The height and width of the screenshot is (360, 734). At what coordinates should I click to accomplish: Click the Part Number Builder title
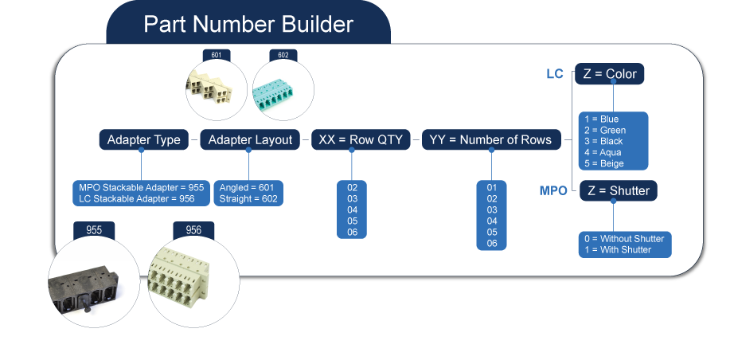click(x=248, y=24)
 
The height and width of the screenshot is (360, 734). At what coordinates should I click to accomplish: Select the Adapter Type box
click(x=144, y=139)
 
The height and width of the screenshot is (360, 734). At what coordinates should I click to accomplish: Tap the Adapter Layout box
click(x=250, y=139)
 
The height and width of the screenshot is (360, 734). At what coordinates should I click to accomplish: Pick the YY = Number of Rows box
click(x=490, y=139)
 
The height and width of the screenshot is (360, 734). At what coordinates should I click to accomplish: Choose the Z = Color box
click(x=609, y=74)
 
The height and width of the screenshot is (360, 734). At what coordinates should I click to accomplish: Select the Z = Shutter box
click(x=618, y=191)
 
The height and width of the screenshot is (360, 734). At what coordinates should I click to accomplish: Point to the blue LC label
click(x=554, y=74)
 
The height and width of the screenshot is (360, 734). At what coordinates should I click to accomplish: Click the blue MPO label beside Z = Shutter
click(x=553, y=191)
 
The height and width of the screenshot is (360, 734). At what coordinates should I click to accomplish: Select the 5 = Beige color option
click(x=604, y=163)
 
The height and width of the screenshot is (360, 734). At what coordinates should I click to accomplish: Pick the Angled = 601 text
click(x=247, y=187)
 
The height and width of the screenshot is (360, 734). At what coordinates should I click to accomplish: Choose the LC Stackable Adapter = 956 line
click(x=141, y=198)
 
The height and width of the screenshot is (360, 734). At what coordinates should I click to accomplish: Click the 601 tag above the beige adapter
click(x=217, y=56)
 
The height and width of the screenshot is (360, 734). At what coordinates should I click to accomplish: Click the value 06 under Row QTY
click(x=353, y=232)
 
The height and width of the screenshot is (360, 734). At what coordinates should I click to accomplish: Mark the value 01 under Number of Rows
click(x=492, y=187)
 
